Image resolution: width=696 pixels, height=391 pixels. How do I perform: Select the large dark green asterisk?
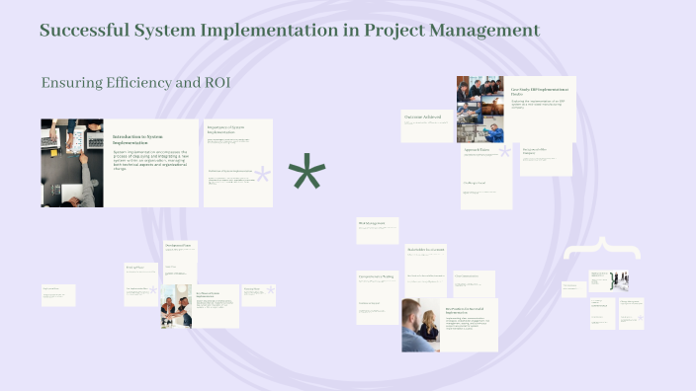306,176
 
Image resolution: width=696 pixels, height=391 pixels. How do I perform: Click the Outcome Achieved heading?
427,117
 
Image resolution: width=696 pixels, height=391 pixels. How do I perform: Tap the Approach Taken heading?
479,151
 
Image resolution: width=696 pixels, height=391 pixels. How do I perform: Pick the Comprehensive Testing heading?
376,276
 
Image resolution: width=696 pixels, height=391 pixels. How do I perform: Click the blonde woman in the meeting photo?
430,325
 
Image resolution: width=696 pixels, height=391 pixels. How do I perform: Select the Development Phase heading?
179,245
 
